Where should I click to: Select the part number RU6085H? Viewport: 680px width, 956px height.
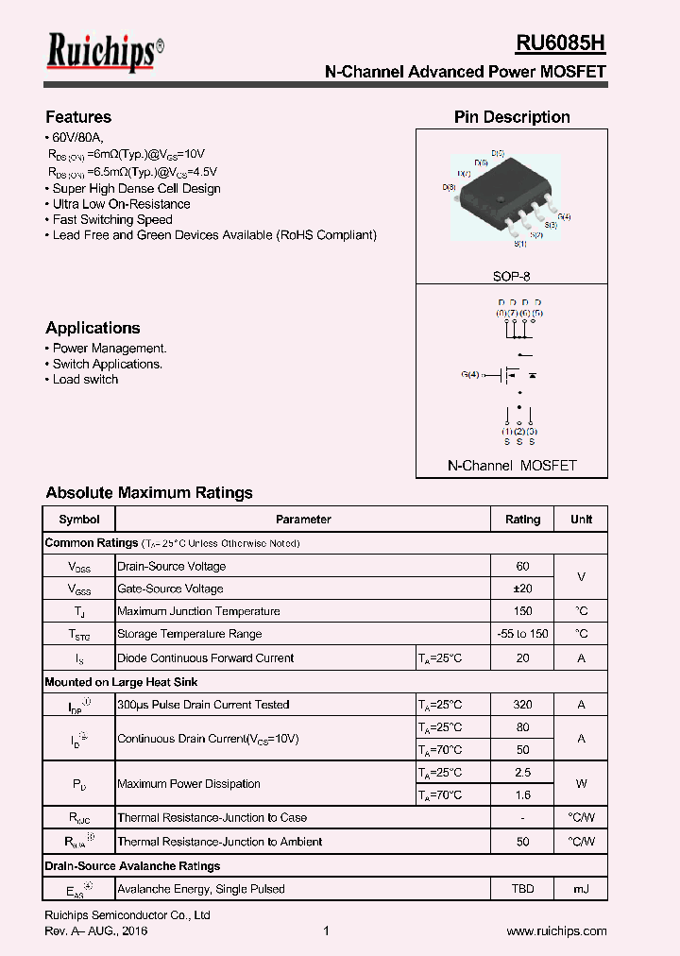coord(560,43)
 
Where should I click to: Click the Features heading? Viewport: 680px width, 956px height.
coord(78,117)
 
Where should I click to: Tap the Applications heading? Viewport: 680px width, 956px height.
coord(93,328)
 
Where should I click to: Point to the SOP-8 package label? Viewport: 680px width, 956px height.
coord(511,277)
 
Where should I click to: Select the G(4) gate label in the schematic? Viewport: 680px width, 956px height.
coord(470,375)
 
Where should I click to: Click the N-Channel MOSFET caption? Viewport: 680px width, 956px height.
coord(511,466)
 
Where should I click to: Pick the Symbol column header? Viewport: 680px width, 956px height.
coord(79,520)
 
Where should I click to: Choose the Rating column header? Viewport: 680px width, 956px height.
coord(522,520)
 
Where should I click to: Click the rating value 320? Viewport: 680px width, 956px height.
coord(522,705)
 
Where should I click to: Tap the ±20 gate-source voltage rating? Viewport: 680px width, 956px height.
coord(522,589)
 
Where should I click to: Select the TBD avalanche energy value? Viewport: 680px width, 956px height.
coord(522,889)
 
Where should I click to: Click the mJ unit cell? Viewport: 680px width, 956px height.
coord(581,889)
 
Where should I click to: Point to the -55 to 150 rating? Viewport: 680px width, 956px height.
coord(522,634)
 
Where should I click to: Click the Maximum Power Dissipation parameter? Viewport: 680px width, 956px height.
coord(189,784)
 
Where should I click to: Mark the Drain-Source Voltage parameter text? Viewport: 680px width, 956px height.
coord(171,566)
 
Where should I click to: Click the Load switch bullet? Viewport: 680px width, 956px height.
coord(85,380)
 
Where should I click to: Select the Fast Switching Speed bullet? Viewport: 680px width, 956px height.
coord(112,219)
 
